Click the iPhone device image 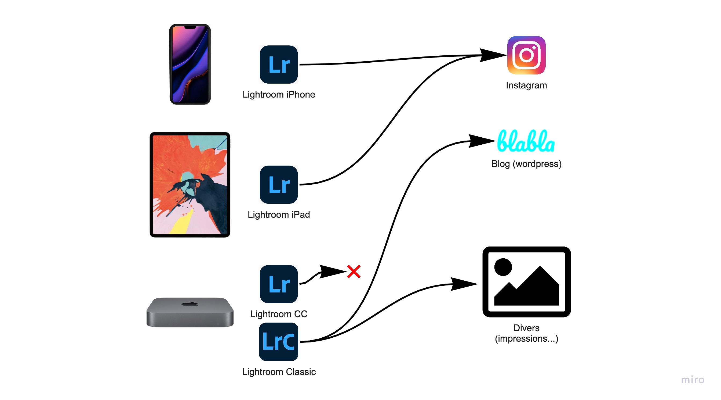point(190,64)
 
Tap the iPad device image point(190,184)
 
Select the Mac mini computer point(190,312)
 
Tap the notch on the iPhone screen point(190,27)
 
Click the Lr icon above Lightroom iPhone point(279,65)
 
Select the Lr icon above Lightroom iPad point(279,185)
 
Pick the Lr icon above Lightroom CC point(279,284)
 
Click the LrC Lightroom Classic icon point(279,342)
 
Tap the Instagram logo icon point(526,55)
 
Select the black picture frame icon point(526,282)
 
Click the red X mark point(354,272)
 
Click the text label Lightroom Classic point(279,372)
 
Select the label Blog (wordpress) point(526,164)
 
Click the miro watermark point(693,380)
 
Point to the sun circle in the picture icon point(503,267)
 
